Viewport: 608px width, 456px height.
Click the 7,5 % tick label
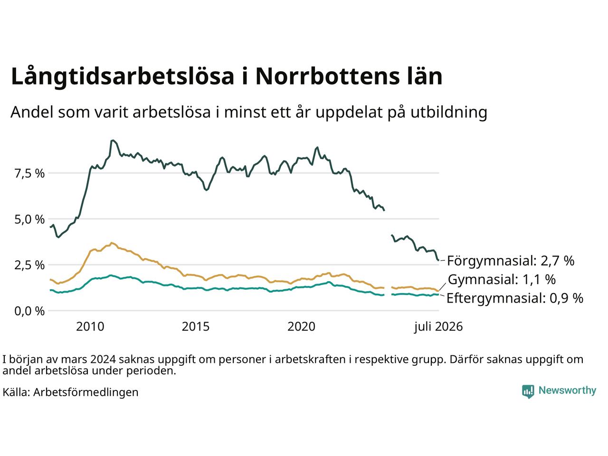pyautogui.click(x=29, y=173)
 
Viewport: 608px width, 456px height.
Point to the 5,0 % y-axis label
pyautogui.click(x=29, y=219)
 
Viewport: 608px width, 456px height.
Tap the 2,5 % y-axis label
pyautogui.click(x=29, y=266)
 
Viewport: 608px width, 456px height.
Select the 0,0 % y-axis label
pyautogui.click(x=29, y=312)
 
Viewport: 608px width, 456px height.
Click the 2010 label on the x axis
pyautogui.click(x=90, y=327)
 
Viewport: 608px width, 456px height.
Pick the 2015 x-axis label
pyautogui.click(x=196, y=327)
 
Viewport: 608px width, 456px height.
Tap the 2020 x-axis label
pyautogui.click(x=301, y=327)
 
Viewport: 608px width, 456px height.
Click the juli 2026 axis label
pyautogui.click(x=438, y=327)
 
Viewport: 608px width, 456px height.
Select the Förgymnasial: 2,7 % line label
pyautogui.click(x=511, y=261)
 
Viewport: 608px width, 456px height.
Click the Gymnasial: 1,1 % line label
pyautogui.click(x=502, y=279)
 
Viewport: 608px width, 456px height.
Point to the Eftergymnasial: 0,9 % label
pyautogui.click(x=515, y=298)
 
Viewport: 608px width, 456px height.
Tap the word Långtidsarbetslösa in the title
pyautogui.click(x=123, y=76)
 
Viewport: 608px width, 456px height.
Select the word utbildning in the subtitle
pyautogui.click(x=449, y=113)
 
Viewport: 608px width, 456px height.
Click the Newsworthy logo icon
pyautogui.click(x=528, y=391)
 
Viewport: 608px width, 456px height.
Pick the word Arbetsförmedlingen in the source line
pyautogui.click(x=86, y=392)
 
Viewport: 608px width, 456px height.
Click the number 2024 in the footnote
pyautogui.click(x=103, y=360)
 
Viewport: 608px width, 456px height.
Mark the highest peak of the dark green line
pyautogui.click(x=113, y=141)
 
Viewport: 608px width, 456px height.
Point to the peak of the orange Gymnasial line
pyautogui.click(x=112, y=243)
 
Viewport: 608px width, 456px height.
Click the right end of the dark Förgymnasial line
pyautogui.click(x=438, y=260)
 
